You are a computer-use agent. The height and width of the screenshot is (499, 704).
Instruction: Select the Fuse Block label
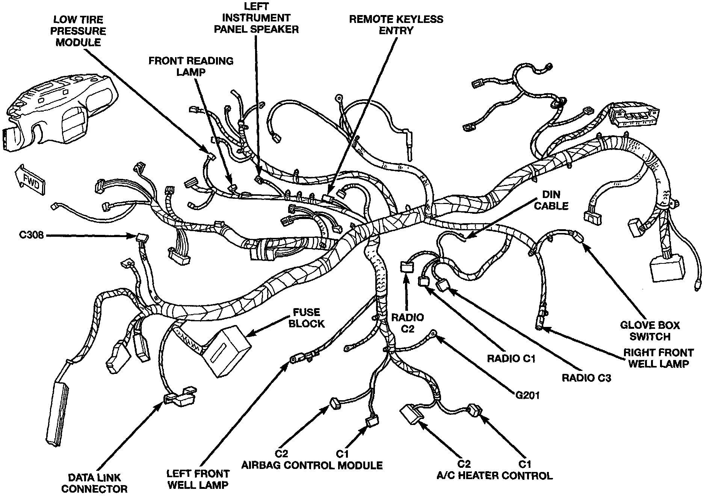pos(307,318)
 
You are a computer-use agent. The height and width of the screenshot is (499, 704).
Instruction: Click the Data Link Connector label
pos(94,483)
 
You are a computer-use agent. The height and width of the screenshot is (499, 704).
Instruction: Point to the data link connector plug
pos(181,397)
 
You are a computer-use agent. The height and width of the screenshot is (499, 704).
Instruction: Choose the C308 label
pos(32,235)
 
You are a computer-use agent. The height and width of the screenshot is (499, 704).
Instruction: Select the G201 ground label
pos(527,395)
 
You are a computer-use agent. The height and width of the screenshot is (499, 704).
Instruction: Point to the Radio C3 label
pos(586,378)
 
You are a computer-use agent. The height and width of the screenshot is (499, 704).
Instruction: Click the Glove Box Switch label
pos(650,331)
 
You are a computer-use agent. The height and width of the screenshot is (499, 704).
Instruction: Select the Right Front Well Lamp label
pos(658,358)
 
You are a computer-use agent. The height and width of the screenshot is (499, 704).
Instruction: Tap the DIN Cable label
pos(551,200)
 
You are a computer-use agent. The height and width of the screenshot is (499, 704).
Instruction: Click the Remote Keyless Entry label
pos(396,24)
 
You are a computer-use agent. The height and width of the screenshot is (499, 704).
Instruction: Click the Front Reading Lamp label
pos(191,66)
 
